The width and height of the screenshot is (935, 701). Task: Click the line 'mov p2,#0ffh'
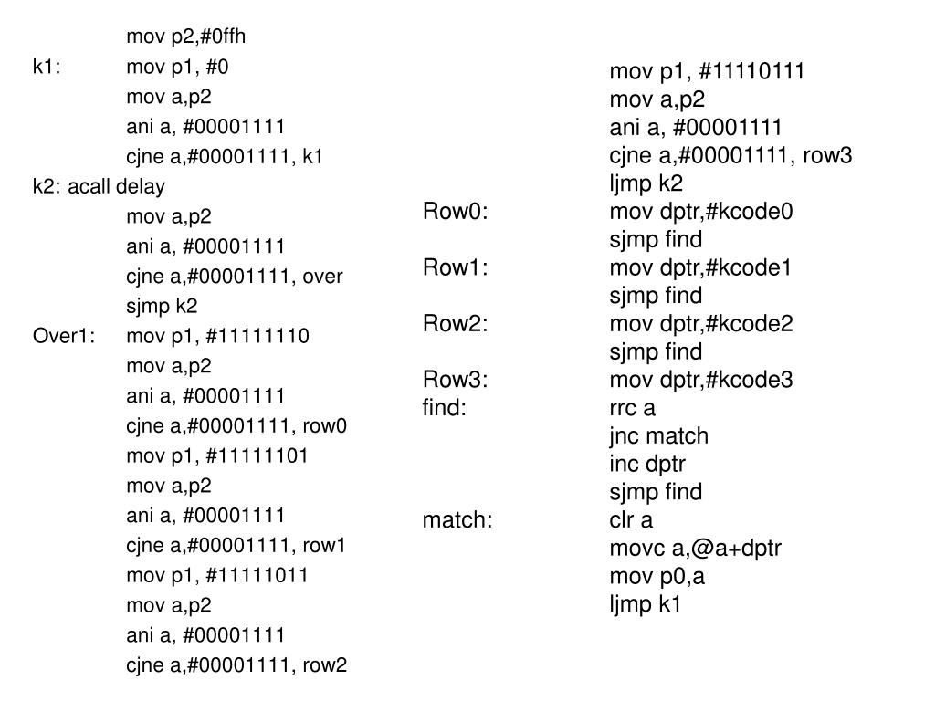pos(186,37)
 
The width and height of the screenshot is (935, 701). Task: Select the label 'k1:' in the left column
pos(47,67)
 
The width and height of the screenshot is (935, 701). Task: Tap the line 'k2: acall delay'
pos(99,186)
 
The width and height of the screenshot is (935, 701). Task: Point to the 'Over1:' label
pos(64,336)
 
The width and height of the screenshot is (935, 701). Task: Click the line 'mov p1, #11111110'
pos(217,336)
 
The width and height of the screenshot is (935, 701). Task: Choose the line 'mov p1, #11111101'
pos(217,455)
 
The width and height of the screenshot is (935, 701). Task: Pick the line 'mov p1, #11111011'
pos(217,575)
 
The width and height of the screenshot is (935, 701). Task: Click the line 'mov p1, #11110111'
pos(707,71)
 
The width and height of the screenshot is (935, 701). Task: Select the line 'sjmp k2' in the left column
pos(162,306)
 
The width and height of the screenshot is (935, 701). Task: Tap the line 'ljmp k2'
pos(646,183)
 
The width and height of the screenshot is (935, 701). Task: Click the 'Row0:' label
pos(456,212)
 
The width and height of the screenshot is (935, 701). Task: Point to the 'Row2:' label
pos(456,323)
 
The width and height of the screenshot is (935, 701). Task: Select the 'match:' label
pos(457,520)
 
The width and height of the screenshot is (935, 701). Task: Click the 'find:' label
pos(445,408)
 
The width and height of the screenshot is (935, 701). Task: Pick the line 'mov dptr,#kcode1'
pos(701,267)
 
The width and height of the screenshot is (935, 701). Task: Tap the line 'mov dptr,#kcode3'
pos(701,380)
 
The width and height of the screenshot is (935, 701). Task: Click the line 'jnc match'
pos(658,436)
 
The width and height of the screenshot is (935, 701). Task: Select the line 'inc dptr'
pos(647,464)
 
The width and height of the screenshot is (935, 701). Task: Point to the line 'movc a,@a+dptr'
pos(695,548)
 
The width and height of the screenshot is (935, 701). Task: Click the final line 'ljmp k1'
pos(646,603)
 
